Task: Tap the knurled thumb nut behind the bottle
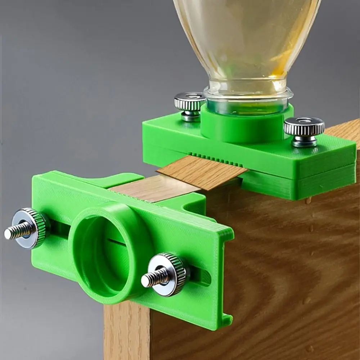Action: pos(190,102)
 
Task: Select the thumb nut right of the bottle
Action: pos(304,127)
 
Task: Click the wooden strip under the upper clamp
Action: pos(202,173)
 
